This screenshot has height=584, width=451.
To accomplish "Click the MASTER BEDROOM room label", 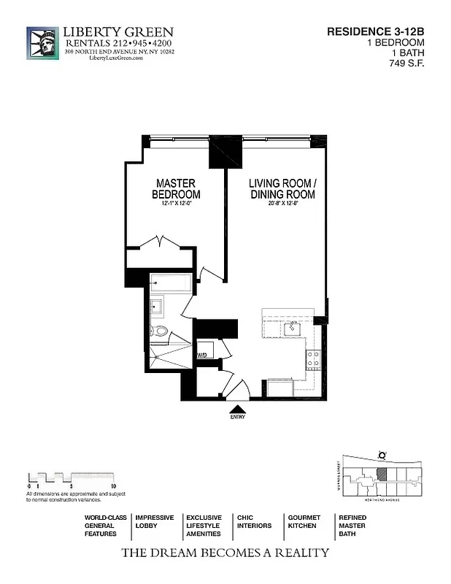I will [x=176, y=189].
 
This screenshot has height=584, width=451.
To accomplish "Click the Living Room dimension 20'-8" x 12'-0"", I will [x=282, y=204].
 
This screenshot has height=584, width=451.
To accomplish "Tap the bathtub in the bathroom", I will [x=172, y=283].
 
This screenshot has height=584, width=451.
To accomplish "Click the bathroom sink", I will [x=157, y=305].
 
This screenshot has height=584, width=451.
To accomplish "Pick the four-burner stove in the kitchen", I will [x=312, y=358].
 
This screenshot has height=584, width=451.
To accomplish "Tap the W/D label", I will [x=201, y=356].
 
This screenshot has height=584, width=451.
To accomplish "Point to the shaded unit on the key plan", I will [x=382, y=473].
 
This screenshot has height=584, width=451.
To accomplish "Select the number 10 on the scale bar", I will [x=113, y=485].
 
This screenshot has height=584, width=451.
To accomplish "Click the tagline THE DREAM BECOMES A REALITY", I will [x=225, y=553].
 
